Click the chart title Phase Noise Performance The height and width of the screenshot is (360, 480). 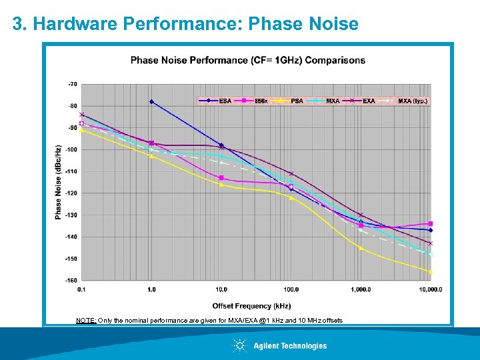click(247, 60)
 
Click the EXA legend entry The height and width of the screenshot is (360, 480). click(368, 101)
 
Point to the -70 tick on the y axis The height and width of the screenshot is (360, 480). click(72, 84)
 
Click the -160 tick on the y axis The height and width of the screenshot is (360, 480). click(71, 280)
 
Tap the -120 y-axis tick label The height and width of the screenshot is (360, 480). click(71, 193)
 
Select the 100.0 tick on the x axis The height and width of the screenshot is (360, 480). click(291, 289)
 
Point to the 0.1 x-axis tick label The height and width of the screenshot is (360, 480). click(81, 289)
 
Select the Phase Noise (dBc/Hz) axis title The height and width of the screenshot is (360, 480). click(59, 182)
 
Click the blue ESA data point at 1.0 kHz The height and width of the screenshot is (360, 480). click(151, 102)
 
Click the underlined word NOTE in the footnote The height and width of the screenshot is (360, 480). click(86, 321)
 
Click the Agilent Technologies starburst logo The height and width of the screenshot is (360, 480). click(239, 345)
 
